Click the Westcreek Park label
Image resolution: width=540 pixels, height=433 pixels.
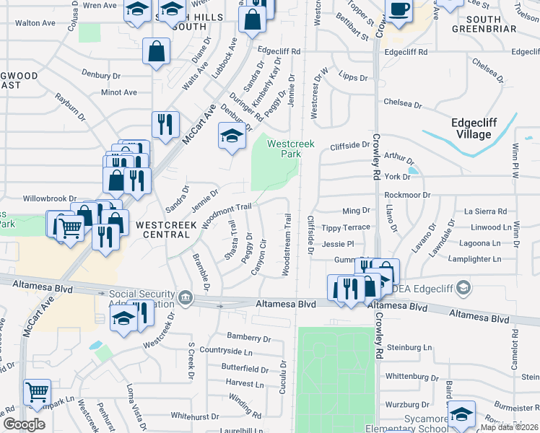tap(291, 149)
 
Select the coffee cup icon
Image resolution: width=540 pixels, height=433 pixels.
tap(398, 10)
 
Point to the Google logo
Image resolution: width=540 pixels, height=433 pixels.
tap(24, 424)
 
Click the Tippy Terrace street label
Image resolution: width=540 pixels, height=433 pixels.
tap(346, 227)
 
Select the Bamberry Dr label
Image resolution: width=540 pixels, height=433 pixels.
tap(248, 337)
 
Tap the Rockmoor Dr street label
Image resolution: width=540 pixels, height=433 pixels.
tap(407, 195)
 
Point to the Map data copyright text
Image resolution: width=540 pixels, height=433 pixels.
tap(509, 427)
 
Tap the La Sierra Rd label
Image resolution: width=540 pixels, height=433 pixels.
tap(485, 211)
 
